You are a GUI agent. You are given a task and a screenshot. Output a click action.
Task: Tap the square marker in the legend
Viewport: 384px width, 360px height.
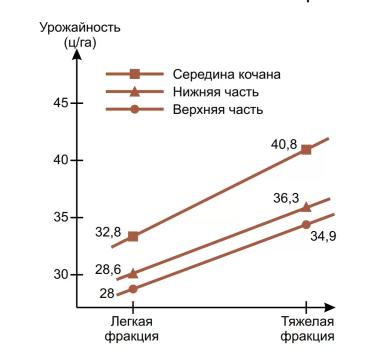135,74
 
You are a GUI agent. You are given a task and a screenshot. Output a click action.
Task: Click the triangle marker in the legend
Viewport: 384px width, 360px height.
135,91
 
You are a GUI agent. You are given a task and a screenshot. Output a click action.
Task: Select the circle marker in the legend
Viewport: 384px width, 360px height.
135,108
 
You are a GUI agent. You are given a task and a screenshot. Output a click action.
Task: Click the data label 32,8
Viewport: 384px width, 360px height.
109,232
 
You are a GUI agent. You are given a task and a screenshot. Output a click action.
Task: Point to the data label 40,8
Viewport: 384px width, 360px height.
285,143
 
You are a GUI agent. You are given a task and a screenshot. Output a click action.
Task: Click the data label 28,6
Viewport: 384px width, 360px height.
109,270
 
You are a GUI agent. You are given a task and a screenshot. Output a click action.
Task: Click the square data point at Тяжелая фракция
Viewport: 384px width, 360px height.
306,149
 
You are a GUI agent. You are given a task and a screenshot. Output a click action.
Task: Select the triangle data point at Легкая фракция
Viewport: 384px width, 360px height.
133,273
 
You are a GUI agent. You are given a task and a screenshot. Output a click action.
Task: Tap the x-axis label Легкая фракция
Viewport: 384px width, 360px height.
131,329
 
